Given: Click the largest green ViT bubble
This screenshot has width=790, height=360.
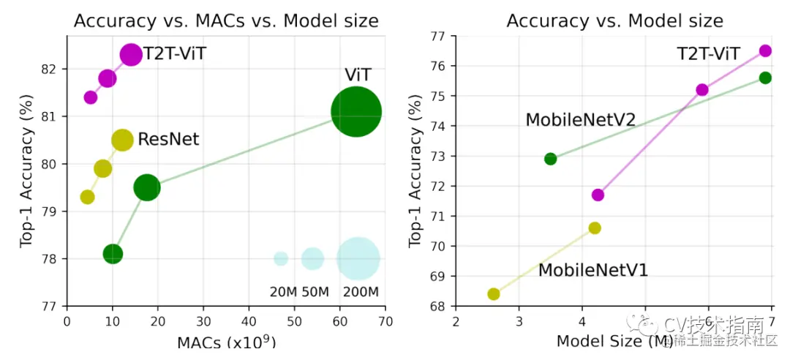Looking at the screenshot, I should tap(356, 112).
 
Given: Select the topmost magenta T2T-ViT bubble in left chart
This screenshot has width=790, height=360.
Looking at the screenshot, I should tap(131, 54).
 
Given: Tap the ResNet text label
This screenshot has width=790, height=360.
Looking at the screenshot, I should tap(168, 139).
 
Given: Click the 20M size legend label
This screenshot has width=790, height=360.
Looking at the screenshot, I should tap(283, 292).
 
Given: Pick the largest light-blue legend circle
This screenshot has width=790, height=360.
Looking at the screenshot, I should tap(358, 258).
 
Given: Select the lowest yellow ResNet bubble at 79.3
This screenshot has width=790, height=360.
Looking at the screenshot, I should tap(87, 197).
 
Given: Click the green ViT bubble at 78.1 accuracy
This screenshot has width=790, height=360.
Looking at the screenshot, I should tap(113, 254).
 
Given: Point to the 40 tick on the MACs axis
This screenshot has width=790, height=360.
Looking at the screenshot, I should tap(249, 321).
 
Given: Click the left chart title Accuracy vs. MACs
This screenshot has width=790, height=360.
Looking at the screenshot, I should tap(226, 20).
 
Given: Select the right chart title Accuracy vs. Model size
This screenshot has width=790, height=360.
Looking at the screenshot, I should tap(614, 20).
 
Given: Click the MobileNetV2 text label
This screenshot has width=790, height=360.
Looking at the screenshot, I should tap(581, 119).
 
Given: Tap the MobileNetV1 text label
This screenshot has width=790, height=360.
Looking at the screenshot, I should tap(593, 271).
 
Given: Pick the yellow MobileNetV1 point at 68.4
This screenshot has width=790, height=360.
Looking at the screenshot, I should tap(494, 294).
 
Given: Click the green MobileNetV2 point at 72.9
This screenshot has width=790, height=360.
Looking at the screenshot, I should tap(551, 159).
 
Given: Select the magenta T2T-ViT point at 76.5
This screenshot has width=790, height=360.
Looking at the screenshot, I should tap(765, 50).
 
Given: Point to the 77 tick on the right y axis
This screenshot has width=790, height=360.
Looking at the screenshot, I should tap(439, 36).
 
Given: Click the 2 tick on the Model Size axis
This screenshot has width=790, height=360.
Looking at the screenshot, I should tap(456, 321).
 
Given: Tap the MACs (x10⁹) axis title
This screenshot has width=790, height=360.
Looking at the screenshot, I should tap(226, 342).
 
